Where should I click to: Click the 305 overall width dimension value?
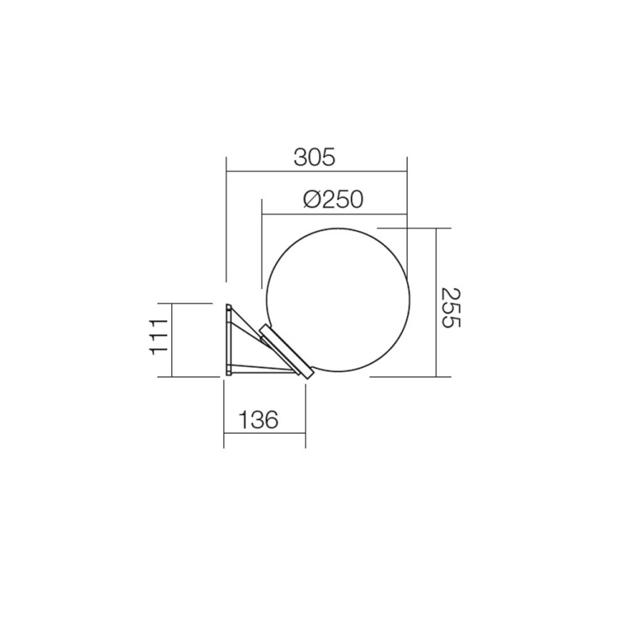[x=314, y=157]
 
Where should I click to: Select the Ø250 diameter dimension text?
[x=332, y=199]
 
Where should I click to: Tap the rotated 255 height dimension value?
[x=450, y=307]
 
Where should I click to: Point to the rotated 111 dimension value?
[x=158, y=337]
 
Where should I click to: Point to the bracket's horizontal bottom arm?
[x=262, y=370]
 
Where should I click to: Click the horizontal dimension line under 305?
[x=316, y=171]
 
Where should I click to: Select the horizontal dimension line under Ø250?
[x=334, y=214]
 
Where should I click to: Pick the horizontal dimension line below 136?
[x=264, y=434]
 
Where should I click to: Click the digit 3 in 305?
[x=300, y=157]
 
